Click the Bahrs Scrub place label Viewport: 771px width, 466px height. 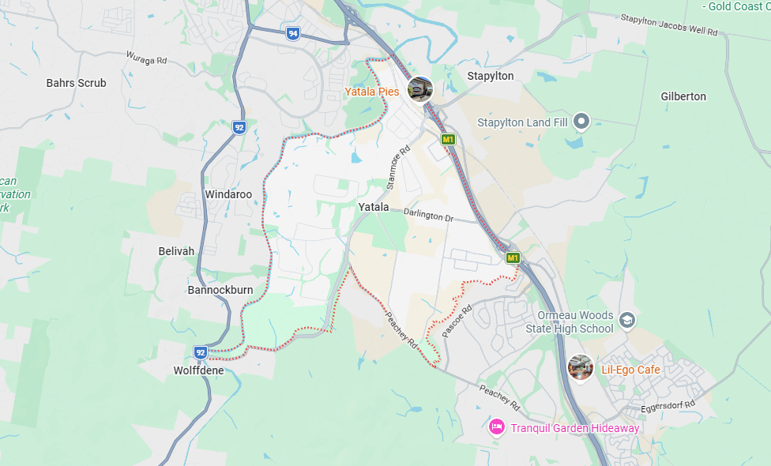pyautogui.click(x=76, y=83)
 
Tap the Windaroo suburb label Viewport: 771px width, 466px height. pyautogui.click(x=228, y=194)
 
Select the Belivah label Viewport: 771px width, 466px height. pyautogui.click(x=176, y=251)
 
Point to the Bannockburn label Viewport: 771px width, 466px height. pyautogui.click(x=220, y=290)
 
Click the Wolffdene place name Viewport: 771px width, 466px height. pyautogui.click(x=198, y=370)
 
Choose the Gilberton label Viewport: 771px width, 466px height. pyautogui.click(x=683, y=96)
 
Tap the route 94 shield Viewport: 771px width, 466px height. pyautogui.click(x=293, y=33)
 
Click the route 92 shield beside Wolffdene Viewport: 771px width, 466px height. pyautogui.click(x=201, y=351)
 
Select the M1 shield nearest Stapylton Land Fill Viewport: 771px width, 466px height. pyautogui.click(x=449, y=140)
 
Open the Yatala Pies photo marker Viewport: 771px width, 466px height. pyautogui.click(x=419, y=89)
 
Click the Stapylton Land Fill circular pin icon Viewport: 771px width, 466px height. pyautogui.click(x=581, y=122)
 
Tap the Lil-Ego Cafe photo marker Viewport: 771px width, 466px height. pyautogui.click(x=581, y=368)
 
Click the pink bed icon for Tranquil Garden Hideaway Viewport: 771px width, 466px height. pyautogui.click(x=497, y=427)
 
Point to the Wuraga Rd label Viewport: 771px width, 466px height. pyautogui.click(x=146, y=59)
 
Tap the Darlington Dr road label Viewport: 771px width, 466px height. pyautogui.click(x=429, y=215)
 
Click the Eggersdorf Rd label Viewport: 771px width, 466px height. pyautogui.click(x=668, y=404)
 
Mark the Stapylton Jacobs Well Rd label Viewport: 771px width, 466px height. pyautogui.click(x=668, y=25)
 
